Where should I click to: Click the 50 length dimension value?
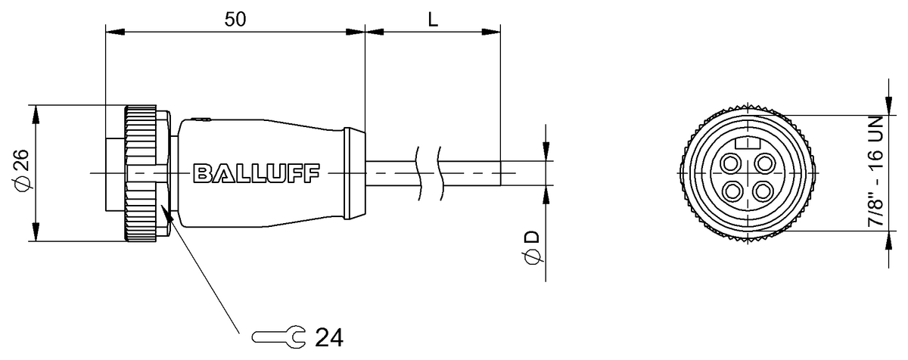click(235, 19)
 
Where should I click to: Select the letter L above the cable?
click(433, 20)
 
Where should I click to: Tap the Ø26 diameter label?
click(21, 173)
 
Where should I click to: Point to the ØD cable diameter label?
click(533, 249)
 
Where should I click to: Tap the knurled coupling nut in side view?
click(141, 173)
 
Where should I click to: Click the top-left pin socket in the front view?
click(732, 162)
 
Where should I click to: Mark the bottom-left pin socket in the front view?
click(732, 190)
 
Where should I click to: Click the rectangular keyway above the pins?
click(748, 142)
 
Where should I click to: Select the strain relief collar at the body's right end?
click(355, 173)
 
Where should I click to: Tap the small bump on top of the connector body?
click(199, 119)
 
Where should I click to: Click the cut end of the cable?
click(500, 173)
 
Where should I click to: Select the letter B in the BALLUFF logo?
click(202, 173)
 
